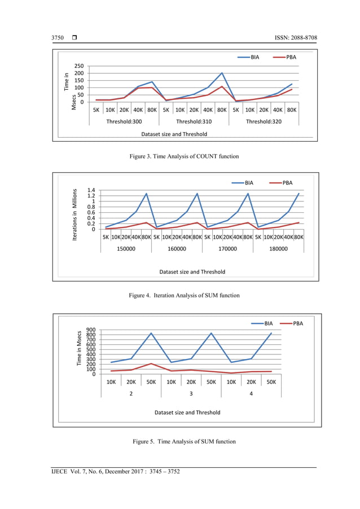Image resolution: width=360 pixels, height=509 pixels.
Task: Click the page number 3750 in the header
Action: [58, 38]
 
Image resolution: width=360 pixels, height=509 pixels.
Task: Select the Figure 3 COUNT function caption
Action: [179, 155]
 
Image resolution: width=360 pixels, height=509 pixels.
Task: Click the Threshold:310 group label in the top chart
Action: [194, 121]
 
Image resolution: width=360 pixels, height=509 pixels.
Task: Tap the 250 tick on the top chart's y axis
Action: [79, 67]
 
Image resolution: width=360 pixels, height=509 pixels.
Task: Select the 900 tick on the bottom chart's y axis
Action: [90, 331]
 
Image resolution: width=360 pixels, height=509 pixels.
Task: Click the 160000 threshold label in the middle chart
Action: [177, 248]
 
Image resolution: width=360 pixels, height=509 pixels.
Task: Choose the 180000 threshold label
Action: [279, 248]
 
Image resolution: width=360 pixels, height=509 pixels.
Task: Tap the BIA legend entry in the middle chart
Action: [246, 183]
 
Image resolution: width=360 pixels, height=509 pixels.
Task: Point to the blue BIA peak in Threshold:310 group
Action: [222, 73]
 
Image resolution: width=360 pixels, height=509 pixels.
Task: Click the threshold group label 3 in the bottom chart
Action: [191, 393]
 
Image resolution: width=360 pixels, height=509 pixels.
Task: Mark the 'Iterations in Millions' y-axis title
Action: [74, 216]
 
